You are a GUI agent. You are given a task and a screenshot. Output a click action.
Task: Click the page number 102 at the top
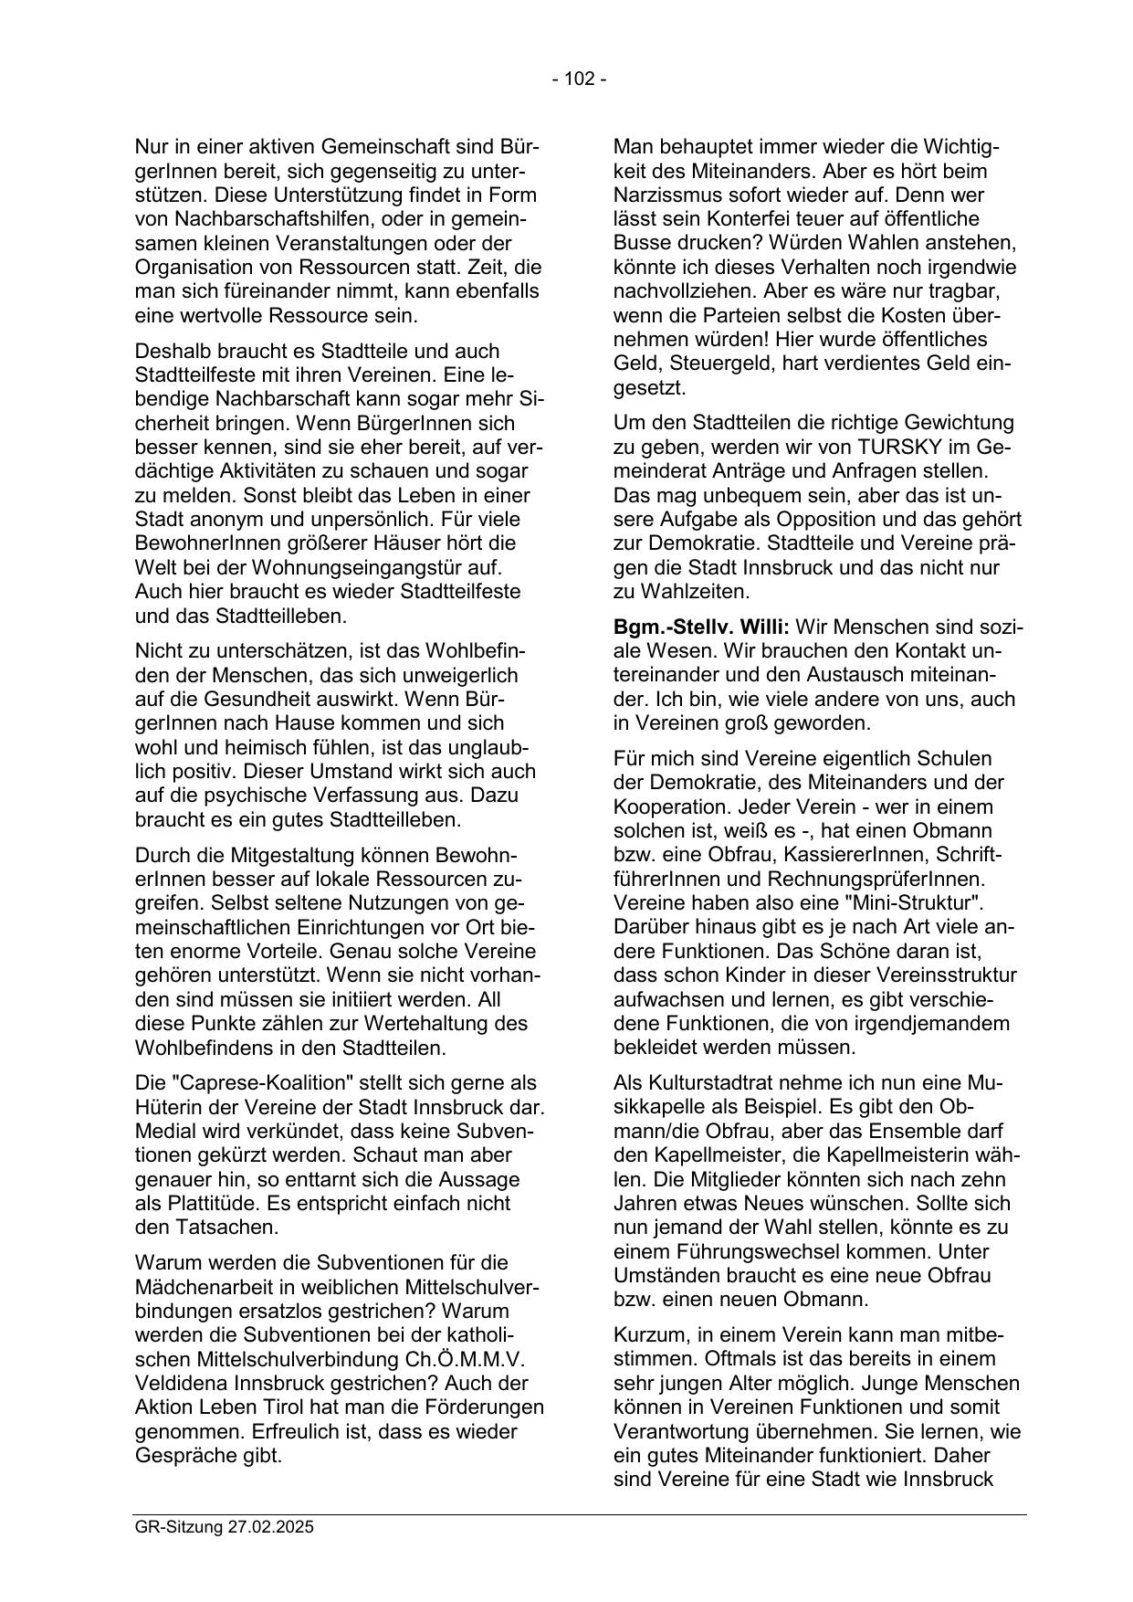[x=579, y=79]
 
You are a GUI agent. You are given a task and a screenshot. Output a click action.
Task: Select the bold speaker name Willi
[x=764, y=627]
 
